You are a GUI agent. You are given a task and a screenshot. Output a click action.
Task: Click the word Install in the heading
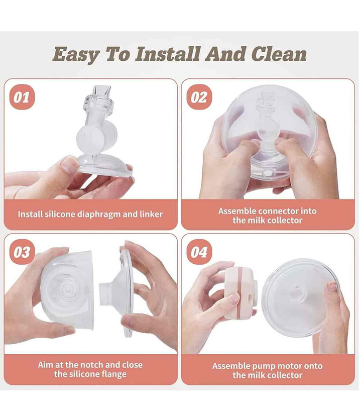pos(168,54)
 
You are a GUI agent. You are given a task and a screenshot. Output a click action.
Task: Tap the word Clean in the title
pos(279,54)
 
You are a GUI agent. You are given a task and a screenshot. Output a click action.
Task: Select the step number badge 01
pos(22,97)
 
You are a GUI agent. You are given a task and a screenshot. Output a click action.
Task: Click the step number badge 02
pos(199,97)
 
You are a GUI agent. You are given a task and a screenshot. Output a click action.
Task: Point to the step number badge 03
pos(22,252)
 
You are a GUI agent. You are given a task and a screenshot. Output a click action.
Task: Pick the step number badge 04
pos(199,252)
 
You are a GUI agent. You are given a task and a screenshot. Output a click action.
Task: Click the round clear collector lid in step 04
pos(299,298)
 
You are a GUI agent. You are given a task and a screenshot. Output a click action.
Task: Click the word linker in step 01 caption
pos(151,214)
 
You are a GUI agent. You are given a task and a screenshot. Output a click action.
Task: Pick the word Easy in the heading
pos(76,54)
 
